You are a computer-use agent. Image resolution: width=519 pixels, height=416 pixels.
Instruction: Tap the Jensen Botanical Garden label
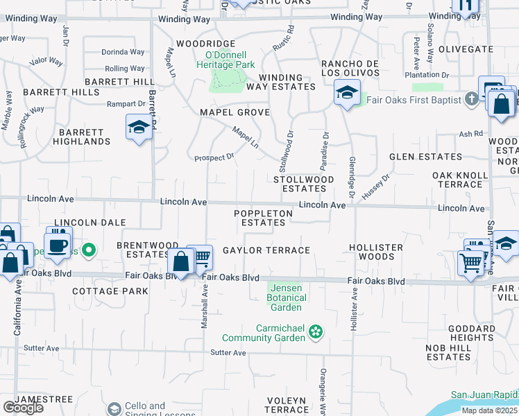pos(286,297)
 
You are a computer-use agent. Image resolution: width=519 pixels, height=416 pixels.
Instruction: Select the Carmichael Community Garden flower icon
pos(316,332)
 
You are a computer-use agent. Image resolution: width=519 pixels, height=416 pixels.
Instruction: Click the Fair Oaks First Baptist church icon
pos(472,100)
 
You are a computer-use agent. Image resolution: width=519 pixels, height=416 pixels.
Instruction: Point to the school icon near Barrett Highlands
pos(139,128)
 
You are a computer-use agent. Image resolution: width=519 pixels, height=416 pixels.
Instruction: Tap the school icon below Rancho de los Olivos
pos(346,92)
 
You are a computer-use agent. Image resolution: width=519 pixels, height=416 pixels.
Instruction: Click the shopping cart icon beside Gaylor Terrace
pos(201,257)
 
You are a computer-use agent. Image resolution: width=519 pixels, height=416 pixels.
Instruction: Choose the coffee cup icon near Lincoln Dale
pos(59,243)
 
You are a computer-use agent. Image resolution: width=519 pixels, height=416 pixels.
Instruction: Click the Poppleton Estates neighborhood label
pos(263,218)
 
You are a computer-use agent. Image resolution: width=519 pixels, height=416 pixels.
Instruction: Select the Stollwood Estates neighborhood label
pos(304,184)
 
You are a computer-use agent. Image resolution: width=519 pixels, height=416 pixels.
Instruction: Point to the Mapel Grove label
pos(235,112)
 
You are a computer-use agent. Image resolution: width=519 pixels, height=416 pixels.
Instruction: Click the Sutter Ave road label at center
pos(228,353)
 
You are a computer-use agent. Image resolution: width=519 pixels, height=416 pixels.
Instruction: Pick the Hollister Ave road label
pos(355,313)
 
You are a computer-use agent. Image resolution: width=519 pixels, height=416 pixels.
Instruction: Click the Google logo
pos(23,408)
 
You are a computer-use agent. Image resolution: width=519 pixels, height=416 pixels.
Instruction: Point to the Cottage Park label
pos(110,291)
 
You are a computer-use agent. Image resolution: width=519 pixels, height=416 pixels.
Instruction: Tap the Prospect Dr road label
pos(214,158)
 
